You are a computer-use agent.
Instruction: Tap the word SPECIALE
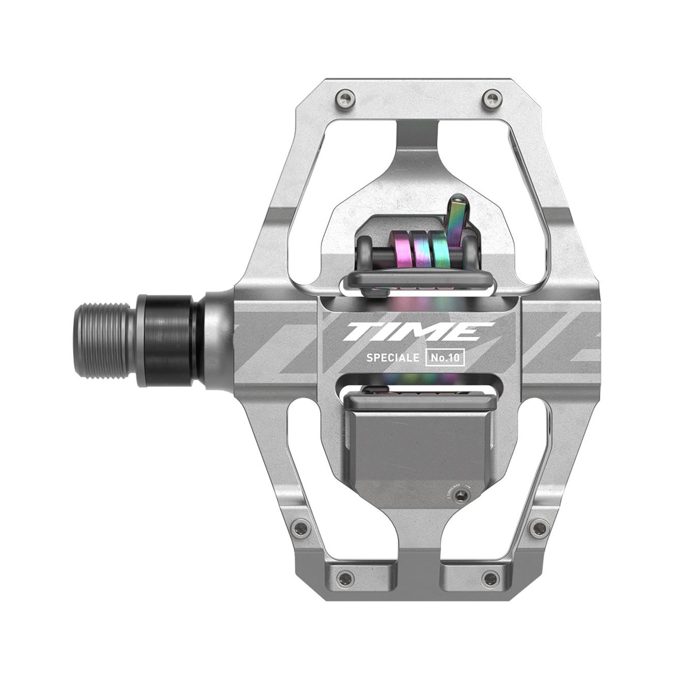point(393,358)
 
